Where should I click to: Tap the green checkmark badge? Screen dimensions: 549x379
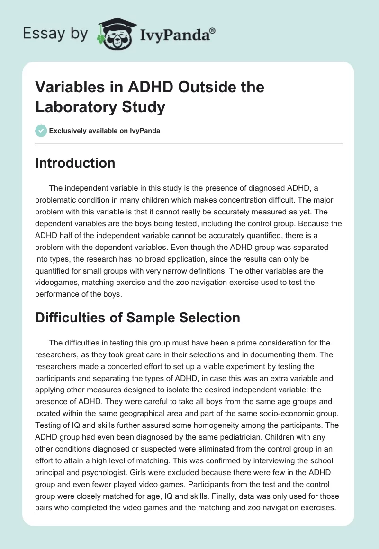coord(41,131)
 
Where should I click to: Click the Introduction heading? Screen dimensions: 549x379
coord(75,163)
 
